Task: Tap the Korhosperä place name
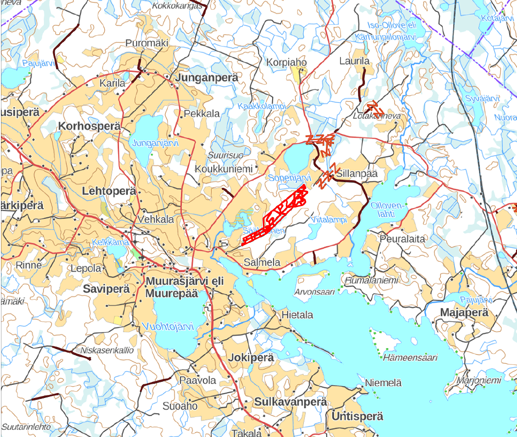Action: pyautogui.click(x=89, y=126)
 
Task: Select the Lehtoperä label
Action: pyautogui.click(x=109, y=191)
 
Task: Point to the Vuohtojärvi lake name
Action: pyautogui.click(x=167, y=326)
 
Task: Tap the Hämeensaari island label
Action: pyautogui.click(x=410, y=357)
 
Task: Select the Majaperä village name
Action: pyautogui.click(x=464, y=312)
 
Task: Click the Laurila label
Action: pyautogui.click(x=355, y=61)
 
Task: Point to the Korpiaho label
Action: pyautogui.click(x=287, y=62)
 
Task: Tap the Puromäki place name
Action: pyautogui.click(x=147, y=43)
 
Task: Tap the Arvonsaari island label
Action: pyautogui.click(x=314, y=292)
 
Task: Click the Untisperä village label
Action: pyautogui.click(x=357, y=416)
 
